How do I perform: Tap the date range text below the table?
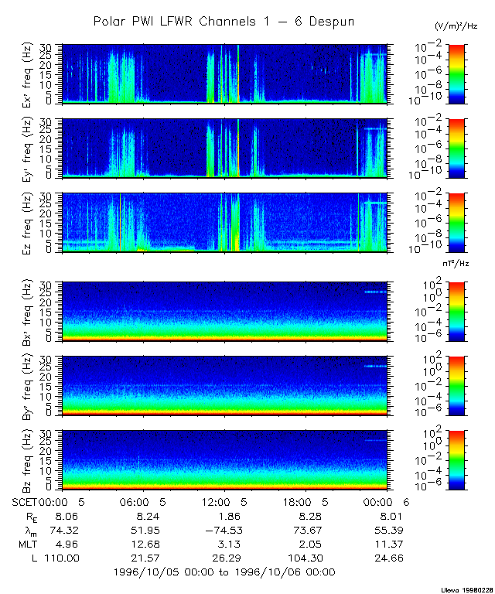[224, 572]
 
